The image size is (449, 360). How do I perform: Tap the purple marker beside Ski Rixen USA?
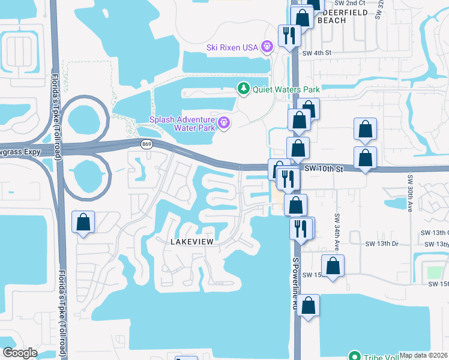[x=267, y=46]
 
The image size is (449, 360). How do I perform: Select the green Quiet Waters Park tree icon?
[x=243, y=89]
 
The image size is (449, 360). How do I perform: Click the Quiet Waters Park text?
[x=286, y=89]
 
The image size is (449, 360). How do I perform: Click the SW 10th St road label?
[x=323, y=170]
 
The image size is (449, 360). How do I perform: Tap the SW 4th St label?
[x=318, y=53]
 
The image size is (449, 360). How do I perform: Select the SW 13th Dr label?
[x=382, y=244]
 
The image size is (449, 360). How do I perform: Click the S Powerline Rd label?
[x=295, y=282]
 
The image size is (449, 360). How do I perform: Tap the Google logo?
[x=20, y=353]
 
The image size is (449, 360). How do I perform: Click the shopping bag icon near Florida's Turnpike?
[x=83, y=223]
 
